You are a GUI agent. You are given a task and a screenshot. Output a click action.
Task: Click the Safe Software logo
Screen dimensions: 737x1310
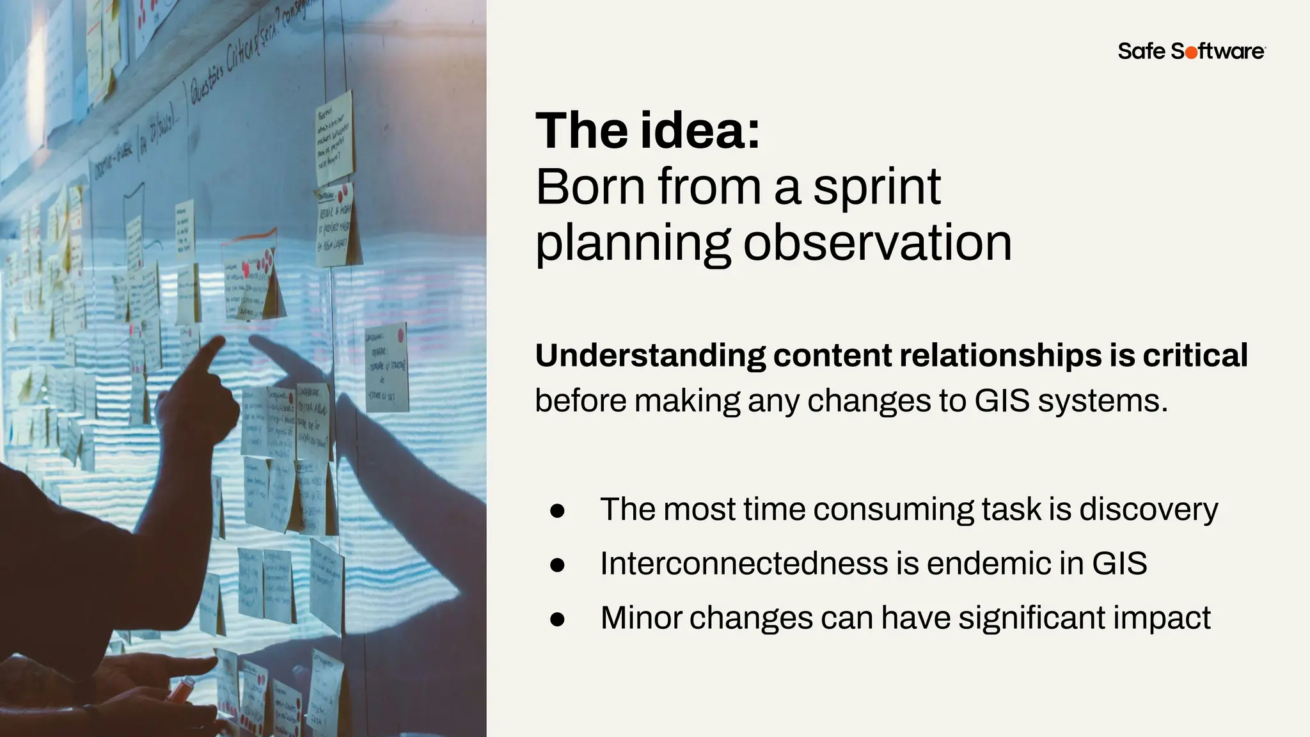pos(1191,51)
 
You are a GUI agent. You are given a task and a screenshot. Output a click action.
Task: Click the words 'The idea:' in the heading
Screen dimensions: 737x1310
pos(647,131)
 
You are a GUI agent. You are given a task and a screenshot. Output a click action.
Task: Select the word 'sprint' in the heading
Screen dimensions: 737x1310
pos(876,187)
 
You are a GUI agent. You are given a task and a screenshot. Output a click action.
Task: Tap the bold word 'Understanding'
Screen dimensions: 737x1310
pos(650,356)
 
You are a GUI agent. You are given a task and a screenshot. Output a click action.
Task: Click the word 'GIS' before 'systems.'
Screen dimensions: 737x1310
pos(1002,401)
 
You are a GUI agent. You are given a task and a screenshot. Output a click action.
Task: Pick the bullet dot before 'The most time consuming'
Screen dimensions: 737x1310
pos(557,511)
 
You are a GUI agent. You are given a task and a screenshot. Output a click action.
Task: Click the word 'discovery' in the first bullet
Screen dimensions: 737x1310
pos(1148,510)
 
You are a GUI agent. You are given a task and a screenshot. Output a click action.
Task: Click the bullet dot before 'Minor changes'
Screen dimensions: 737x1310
pos(557,619)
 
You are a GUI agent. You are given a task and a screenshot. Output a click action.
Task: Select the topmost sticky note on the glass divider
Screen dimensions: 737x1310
pos(335,138)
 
